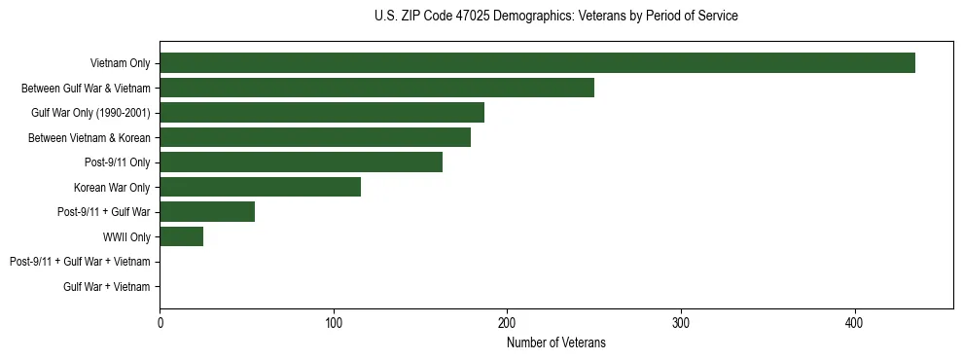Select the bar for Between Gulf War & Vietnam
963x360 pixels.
tap(376, 88)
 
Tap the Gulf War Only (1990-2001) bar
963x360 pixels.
tap(322, 112)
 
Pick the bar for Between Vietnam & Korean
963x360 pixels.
tap(315, 137)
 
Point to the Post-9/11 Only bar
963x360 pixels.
tap(301, 162)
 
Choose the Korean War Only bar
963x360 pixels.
tap(260, 187)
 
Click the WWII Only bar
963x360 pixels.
tap(181, 236)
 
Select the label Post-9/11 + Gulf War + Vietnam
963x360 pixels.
tap(80, 262)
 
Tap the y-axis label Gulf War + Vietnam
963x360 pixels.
tap(107, 286)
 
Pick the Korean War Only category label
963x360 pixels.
tap(113, 187)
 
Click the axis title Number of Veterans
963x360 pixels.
tap(556, 342)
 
